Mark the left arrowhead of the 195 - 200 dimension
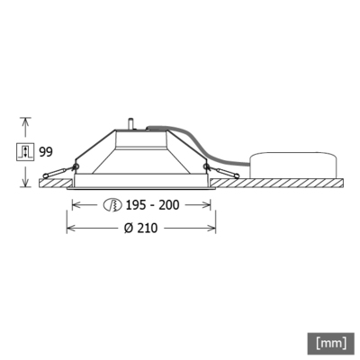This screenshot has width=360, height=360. tap(76, 205)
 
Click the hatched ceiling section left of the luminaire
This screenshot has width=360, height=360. tap(54, 184)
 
